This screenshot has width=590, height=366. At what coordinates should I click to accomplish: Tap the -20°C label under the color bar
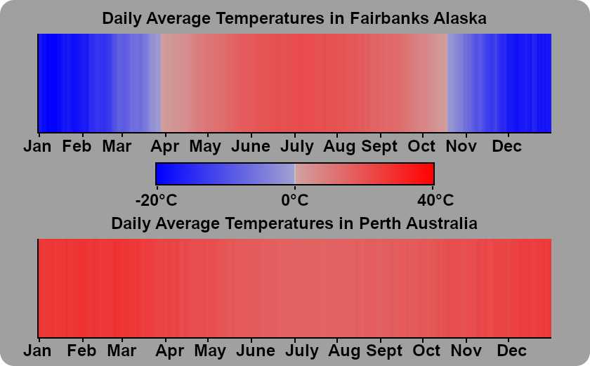click(x=156, y=200)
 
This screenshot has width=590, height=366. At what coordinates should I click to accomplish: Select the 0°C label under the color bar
click(x=294, y=200)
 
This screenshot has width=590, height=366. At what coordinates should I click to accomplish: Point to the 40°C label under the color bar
click(x=435, y=200)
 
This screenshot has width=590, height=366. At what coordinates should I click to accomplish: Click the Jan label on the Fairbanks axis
click(x=37, y=146)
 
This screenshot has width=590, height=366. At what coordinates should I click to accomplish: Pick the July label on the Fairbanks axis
click(x=297, y=147)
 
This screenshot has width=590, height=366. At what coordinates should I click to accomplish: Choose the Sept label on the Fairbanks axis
click(x=379, y=147)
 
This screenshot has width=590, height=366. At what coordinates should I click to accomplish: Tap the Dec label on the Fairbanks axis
click(x=507, y=146)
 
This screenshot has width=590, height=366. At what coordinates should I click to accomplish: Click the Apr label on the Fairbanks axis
click(x=165, y=147)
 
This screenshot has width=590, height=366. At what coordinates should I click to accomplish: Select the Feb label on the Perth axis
click(x=81, y=351)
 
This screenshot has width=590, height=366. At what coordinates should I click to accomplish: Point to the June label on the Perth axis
click(x=256, y=351)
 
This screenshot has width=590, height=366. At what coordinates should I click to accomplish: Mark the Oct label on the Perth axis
click(x=426, y=351)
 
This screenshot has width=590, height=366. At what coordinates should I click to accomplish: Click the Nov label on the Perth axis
click(x=466, y=351)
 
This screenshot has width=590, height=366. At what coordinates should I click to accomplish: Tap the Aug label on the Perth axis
click(x=344, y=351)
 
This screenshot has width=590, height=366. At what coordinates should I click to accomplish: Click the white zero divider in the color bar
click(x=294, y=174)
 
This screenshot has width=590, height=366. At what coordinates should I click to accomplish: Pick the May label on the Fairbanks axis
click(x=205, y=147)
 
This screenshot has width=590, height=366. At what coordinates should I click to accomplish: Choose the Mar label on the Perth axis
click(x=122, y=351)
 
